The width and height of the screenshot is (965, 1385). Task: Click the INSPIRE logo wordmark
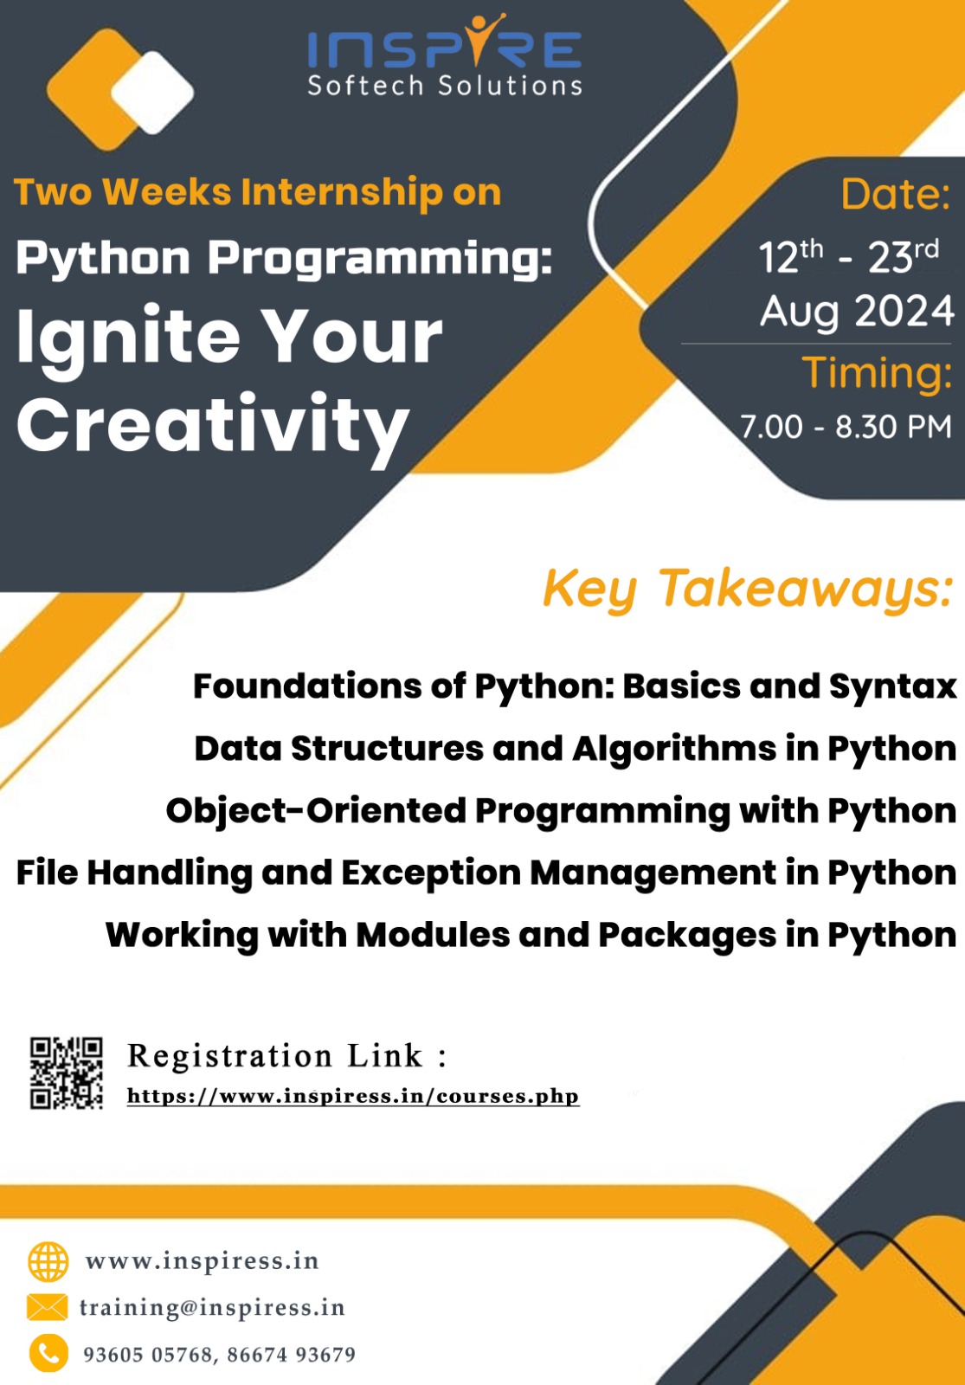pos(445,42)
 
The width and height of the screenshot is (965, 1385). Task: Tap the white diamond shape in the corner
pos(152,93)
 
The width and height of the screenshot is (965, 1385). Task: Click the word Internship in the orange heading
pos(342,192)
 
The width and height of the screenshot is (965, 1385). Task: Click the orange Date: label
pos(895,194)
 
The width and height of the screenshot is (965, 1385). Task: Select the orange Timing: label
pos(878,373)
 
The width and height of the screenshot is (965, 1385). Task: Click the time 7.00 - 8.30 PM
pos(846,427)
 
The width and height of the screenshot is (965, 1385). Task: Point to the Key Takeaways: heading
pos(748,589)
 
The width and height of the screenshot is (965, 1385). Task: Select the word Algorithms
pos(674,750)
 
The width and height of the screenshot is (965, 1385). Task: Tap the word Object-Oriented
pos(315,810)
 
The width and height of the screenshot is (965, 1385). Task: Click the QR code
pos(66,1073)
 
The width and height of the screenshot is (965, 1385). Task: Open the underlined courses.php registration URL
pos(353,1096)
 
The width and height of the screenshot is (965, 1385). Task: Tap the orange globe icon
pos(48,1261)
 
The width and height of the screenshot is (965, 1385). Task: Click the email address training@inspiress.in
pos(212,1308)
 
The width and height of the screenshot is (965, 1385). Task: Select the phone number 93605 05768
pos(148,1355)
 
